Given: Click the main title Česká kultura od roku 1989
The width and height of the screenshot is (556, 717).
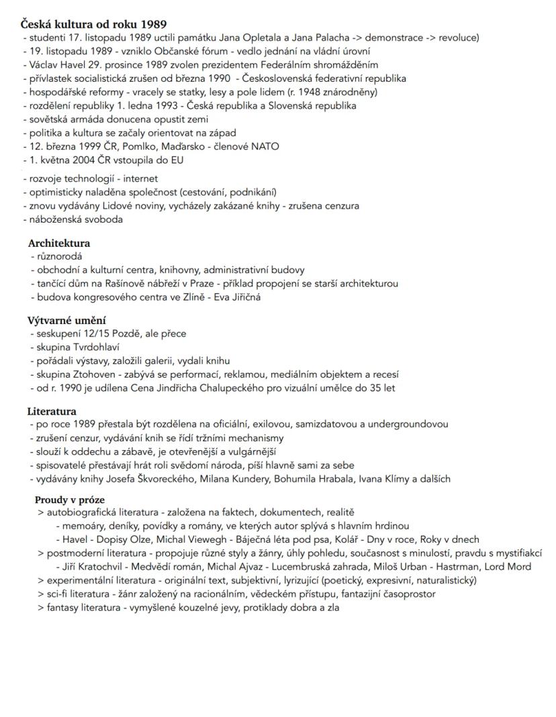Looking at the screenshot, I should pyautogui.click(x=94, y=25).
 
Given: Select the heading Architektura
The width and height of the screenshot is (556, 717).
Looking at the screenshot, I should pyautogui.click(x=59, y=243).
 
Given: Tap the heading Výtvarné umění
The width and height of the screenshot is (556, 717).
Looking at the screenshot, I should pyautogui.click(x=66, y=321).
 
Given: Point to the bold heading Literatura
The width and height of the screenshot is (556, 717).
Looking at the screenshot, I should pyautogui.click(x=52, y=411).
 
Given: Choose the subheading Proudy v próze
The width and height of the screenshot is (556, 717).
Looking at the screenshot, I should pyautogui.click(x=70, y=500).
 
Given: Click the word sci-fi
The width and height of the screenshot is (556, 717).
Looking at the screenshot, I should pyautogui.click(x=59, y=594).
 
